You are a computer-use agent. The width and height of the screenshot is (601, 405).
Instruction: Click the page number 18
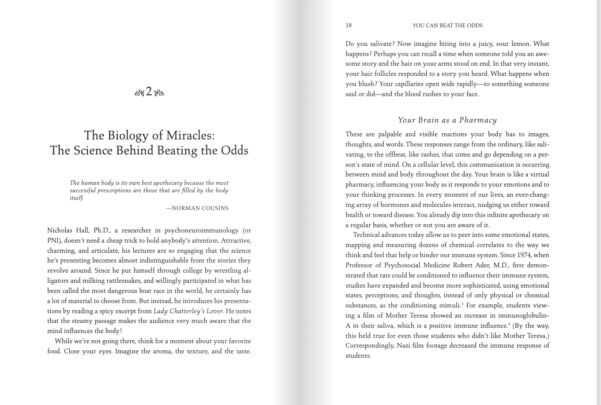coord(349,26)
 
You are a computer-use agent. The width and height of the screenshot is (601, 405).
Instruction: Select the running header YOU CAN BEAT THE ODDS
coord(447,26)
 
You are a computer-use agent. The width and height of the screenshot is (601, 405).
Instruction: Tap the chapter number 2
coord(149,92)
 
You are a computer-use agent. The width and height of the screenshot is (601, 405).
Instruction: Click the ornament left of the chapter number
coord(139,93)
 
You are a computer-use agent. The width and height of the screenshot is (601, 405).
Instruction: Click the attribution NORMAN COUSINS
coord(200,208)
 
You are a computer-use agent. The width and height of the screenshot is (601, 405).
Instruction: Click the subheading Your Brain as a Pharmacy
coord(447,120)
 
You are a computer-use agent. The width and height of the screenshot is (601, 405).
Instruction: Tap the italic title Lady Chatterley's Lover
coord(188,311)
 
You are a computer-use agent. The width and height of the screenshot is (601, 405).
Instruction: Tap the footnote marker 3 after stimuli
coord(462,304)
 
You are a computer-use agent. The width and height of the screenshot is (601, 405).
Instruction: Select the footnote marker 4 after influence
coord(509,324)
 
